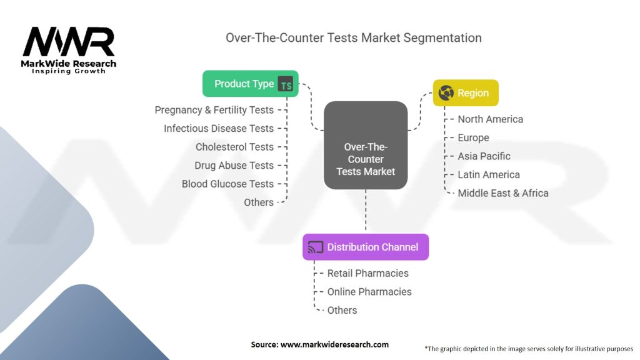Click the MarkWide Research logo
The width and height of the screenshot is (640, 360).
[69, 49]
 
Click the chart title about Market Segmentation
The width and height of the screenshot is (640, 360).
[354, 37]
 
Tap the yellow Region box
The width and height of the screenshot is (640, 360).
[466, 93]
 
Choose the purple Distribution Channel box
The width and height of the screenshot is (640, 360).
[366, 247]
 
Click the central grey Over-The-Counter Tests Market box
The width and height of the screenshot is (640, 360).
[366, 145]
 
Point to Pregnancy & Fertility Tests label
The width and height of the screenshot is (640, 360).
[214, 110]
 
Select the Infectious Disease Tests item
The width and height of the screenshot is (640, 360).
[219, 128]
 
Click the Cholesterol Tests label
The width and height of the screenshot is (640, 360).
[234, 147]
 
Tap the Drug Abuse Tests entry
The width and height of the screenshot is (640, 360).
[234, 166]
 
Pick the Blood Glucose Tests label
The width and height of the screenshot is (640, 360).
[227, 184]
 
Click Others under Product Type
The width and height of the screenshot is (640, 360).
[259, 202]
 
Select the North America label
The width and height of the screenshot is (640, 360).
[490, 119]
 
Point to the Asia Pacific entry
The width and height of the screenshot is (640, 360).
[484, 156]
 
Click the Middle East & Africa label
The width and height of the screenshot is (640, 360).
[502, 193]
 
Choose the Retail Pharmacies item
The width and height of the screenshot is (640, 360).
[367, 273]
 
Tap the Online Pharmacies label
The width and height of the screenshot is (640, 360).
[369, 292]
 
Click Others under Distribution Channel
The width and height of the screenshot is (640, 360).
[342, 310]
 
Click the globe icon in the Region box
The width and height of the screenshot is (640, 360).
[446, 93]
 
